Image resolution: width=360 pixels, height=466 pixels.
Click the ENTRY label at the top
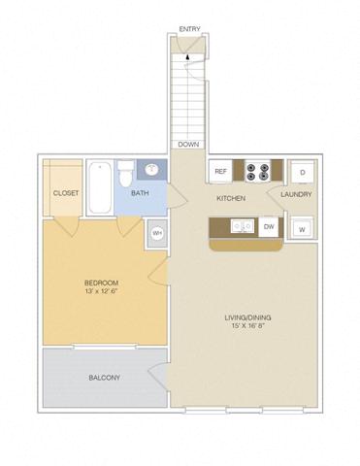(190, 29)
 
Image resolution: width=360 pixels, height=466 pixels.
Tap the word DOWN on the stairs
(188, 145)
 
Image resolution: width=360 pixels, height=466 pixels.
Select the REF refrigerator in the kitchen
(220, 172)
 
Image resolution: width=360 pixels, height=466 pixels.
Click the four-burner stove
(259, 172)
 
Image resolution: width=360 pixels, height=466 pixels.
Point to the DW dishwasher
(269, 228)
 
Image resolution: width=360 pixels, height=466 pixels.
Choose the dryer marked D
(303, 172)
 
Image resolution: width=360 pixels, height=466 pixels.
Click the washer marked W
(302, 229)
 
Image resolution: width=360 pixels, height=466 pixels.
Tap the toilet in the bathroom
(124, 176)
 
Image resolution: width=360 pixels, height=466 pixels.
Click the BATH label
(141, 193)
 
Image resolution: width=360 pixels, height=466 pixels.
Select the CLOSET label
(66, 193)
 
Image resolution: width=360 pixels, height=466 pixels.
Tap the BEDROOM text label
(100, 283)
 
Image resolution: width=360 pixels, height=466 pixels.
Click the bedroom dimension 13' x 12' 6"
(100, 292)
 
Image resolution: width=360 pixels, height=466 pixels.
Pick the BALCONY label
(104, 377)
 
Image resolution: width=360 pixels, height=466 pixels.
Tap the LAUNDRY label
(296, 195)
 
